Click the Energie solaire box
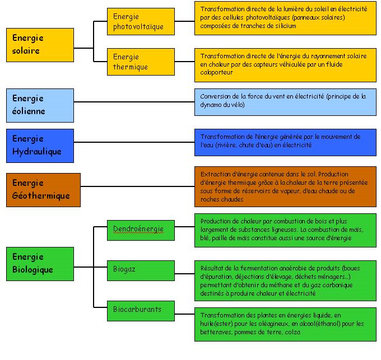click(x=40, y=45)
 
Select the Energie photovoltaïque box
click(x=141, y=22)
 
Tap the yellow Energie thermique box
click(x=141, y=62)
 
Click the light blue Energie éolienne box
click(x=40, y=105)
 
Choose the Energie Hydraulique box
click(x=40, y=146)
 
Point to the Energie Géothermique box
click(x=43, y=190)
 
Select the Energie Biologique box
click(x=40, y=264)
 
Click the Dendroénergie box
click(x=141, y=230)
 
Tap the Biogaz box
click(x=141, y=270)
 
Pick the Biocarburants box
click(x=141, y=311)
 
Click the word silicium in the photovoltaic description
click(x=286, y=26)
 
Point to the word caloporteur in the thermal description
click(x=216, y=72)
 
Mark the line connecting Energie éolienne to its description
click(x=134, y=102)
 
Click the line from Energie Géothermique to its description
click(x=137, y=186)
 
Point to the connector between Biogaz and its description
click(x=185, y=274)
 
